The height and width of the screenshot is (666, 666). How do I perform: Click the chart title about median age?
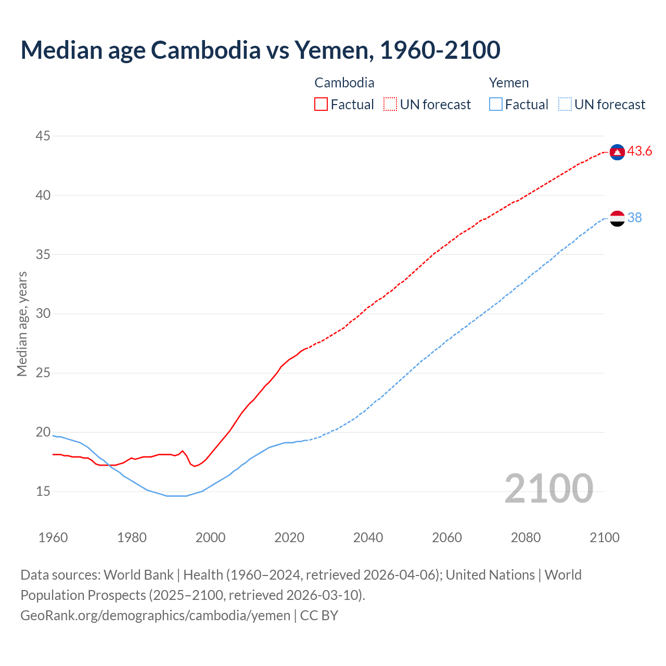[260, 50]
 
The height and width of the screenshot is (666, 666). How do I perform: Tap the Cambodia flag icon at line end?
[617, 151]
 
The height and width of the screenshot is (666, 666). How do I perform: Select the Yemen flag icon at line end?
[617, 219]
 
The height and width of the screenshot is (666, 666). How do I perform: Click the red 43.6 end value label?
[639, 151]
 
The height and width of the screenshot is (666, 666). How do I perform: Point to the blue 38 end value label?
[634, 218]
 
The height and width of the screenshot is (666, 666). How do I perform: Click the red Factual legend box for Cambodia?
[321, 105]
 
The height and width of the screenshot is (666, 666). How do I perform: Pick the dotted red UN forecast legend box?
[390, 105]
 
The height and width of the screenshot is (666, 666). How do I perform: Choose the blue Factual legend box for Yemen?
[496, 105]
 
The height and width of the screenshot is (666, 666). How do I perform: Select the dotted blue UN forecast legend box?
[565, 105]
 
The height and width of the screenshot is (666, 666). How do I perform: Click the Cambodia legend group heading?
[344, 83]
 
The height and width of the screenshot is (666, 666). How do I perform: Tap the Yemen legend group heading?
[509, 83]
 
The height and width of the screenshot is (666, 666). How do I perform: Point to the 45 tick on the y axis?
[43, 136]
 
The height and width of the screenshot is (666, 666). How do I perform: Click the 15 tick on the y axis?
[43, 491]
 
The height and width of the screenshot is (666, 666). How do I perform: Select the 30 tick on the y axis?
[43, 314]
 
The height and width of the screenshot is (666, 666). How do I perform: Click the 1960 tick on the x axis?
[53, 537]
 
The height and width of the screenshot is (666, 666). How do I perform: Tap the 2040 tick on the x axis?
[368, 537]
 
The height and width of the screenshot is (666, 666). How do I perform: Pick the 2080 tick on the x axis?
[526, 537]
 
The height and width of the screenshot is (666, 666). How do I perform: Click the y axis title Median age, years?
[22, 324]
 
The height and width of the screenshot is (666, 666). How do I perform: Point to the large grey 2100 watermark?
[548, 488]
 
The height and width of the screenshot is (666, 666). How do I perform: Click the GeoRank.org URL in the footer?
[155, 616]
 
